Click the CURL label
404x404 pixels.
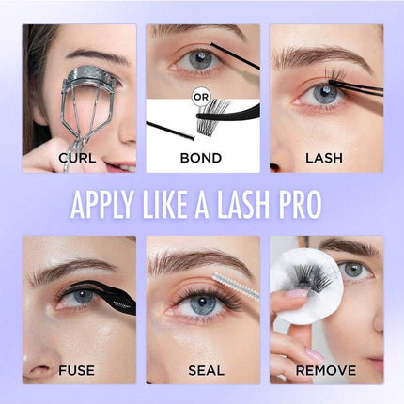[77, 158]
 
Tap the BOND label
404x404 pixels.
[201, 158]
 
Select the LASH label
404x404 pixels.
[324, 158]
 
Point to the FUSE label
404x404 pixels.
[76, 370]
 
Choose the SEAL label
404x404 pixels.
[206, 370]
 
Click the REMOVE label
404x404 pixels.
[326, 370]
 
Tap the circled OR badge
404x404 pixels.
[201, 98]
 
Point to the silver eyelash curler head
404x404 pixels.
[88, 77]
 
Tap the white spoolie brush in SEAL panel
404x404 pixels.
[236, 287]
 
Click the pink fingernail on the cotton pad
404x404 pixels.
[297, 294]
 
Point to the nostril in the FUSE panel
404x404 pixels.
[39, 369]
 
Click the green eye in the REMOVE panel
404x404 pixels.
[355, 271]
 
